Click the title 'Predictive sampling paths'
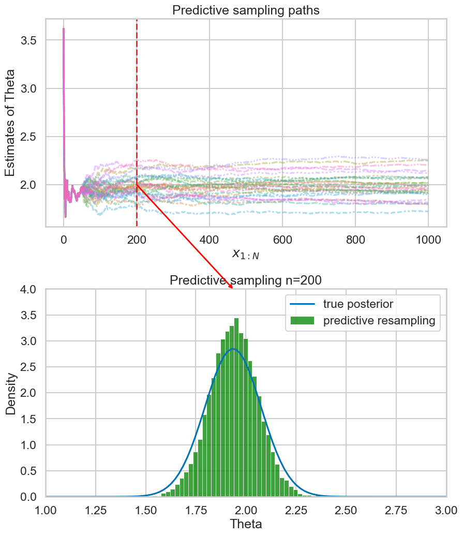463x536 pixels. (x=246, y=10)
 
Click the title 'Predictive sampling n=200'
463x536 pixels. (x=246, y=280)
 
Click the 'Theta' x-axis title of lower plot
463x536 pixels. (x=246, y=524)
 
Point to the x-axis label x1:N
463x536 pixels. (x=246, y=254)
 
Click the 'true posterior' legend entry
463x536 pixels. (x=362, y=304)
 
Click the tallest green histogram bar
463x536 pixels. (x=236, y=404)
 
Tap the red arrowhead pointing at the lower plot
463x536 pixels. (x=231, y=287)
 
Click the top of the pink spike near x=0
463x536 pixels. (x=64, y=29)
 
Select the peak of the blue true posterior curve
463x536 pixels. (x=234, y=349)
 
